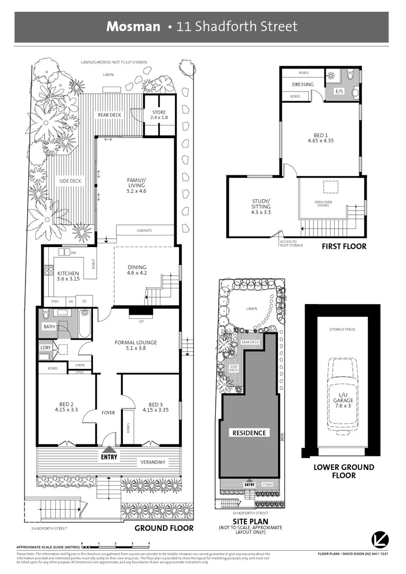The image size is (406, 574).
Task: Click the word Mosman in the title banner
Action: coord(133,27)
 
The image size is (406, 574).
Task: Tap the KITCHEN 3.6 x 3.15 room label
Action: coord(68,275)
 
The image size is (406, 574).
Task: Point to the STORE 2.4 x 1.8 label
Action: coord(159,114)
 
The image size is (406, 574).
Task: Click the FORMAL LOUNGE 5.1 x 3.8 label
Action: coord(136,345)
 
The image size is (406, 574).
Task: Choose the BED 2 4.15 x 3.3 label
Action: coord(66,407)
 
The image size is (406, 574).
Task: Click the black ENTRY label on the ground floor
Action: coord(109,457)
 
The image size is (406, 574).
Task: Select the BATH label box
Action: coord(49,326)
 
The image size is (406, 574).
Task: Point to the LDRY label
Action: coord(45,348)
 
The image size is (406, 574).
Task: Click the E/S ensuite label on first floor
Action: coord(339,91)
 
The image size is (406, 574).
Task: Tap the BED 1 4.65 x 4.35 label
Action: coord(320,138)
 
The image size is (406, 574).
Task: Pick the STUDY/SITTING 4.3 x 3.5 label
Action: coord(261,206)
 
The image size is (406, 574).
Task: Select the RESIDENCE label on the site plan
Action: coord(249,433)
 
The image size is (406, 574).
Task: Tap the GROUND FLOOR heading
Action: coord(164,528)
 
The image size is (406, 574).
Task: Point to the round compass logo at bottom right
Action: coord(378,537)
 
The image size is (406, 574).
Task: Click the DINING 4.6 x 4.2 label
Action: coord(137,271)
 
